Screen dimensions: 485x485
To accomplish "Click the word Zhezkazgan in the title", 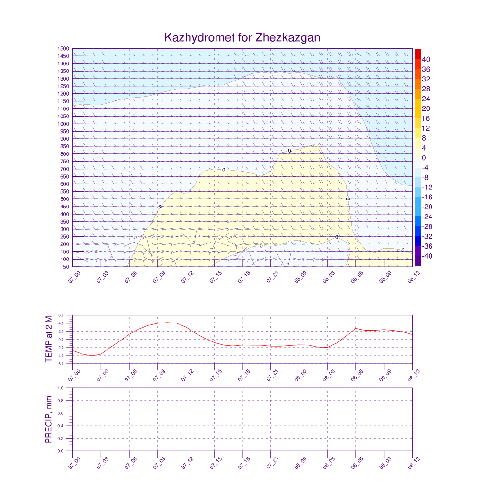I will pyautogui.click(x=288, y=37).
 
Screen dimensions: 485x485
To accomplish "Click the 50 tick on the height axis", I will pyautogui.click(x=66, y=267).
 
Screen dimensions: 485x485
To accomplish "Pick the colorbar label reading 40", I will pyautogui.click(x=426, y=59).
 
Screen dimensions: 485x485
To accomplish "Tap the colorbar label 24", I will pyautogui.click(x=426, y=99).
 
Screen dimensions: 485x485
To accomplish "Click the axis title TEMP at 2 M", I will pyautogui.click(x=49, y=339).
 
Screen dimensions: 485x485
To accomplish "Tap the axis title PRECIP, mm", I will pyautogui.click(x=49, y=420).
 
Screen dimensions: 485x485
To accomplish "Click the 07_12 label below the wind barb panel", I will pyautogui.click(x=187, y=277).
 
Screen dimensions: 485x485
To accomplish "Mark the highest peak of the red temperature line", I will pyautogui.click(x=167, y=323).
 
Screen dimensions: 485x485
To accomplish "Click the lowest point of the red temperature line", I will pyautogui.click(x=91, y=356).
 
